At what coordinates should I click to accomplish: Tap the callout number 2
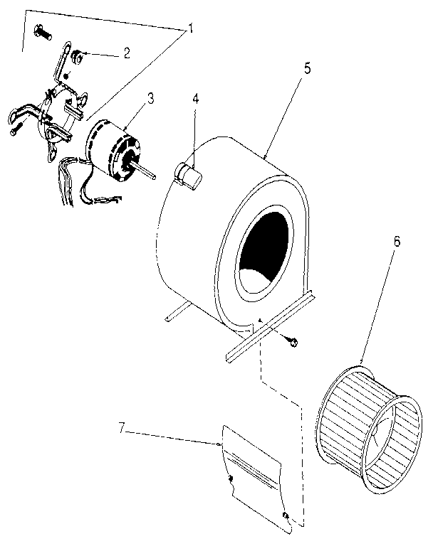127,52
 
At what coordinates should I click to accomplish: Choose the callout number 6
397,241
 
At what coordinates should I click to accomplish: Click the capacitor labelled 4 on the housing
187,174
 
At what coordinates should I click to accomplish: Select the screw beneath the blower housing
293,342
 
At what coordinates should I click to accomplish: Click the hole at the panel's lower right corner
285,514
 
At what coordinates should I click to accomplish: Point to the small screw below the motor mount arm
16,130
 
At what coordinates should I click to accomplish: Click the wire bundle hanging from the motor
71,181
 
